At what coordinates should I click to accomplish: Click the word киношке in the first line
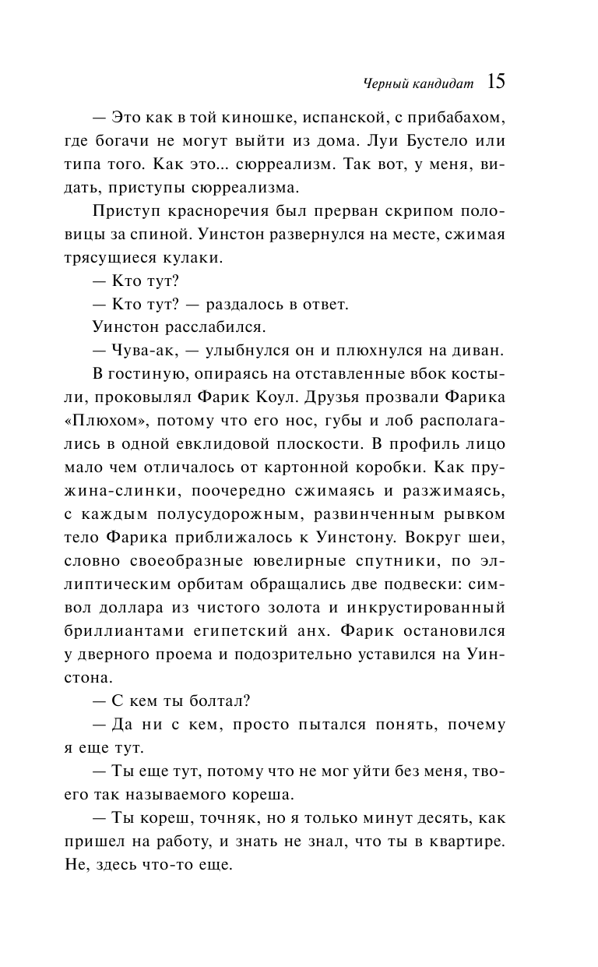(247, 120)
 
